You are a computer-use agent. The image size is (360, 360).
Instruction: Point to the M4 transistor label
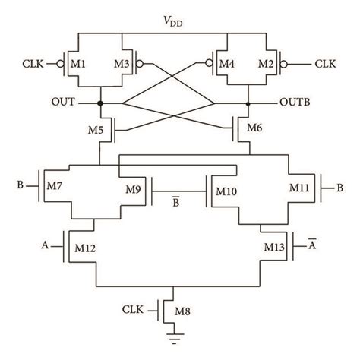pyautogui.click(x=229, y=62)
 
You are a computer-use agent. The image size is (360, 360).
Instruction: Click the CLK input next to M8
pyautogui.click(x=137, y=309)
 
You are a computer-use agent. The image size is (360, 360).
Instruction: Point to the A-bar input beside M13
pyautogui.click(x=312, y=244)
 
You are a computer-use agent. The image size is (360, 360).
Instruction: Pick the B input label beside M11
pyautogui.click(x=339, y=185)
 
